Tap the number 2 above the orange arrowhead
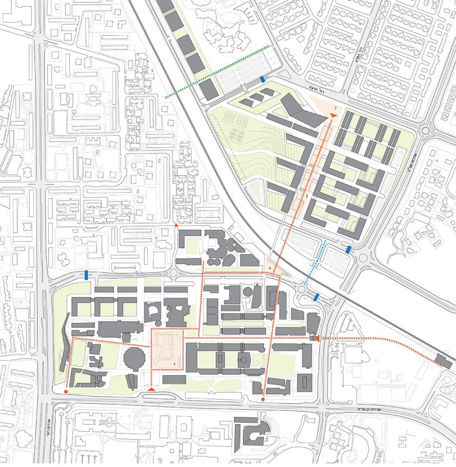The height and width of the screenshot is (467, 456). click(x=335, y=106)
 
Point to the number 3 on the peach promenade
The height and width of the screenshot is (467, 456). click(x=306, y=195)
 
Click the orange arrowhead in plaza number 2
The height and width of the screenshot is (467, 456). click(x=333, y=116)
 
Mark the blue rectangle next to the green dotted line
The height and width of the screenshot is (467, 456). click(x=262, y=79)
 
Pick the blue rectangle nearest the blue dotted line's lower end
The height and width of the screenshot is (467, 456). click(x=349, y=249)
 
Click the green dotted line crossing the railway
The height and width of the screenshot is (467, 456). click(x=218, y=72)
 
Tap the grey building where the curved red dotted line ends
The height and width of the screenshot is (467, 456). click(x=442, y=362)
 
